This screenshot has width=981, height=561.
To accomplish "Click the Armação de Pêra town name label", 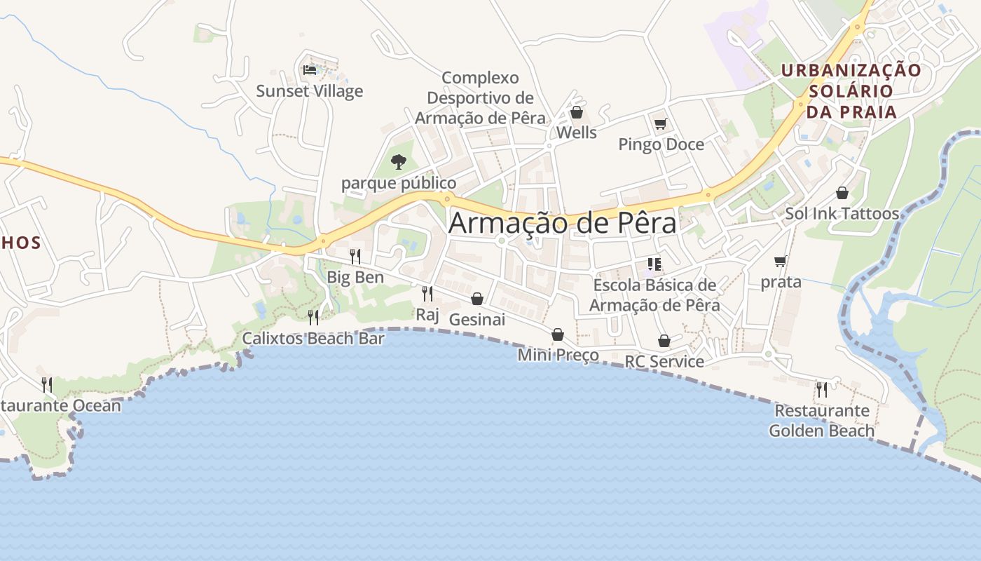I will [x=563, y=223].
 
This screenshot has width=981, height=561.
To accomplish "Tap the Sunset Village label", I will [x=309, y=91].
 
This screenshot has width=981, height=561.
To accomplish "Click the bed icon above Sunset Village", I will [x=309, y=69].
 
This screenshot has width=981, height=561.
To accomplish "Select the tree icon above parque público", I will [x=399, y=162].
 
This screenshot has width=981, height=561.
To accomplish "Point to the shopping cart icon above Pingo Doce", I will [x=660, y=124].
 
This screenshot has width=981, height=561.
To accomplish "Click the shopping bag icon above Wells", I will [x=577, y=112].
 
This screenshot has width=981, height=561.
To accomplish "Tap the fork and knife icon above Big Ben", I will [x=355, y=256].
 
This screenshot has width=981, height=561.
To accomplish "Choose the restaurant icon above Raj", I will [x=427, y=293].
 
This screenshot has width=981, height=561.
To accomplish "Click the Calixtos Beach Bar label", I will [x=313, y=339].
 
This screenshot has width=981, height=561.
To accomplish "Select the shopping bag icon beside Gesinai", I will [x=477, y=299].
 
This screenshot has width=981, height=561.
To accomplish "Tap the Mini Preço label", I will [x=558, y=355].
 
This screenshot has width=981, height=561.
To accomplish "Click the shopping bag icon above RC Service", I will [x=664, y=341].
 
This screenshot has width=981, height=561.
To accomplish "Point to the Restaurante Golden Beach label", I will [x=821, y=421].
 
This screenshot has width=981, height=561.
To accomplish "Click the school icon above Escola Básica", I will [x=654, y=264].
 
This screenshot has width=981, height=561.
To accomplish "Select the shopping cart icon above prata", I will [x=781, y=262].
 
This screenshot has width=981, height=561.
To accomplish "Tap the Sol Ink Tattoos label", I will [x=842, y=214].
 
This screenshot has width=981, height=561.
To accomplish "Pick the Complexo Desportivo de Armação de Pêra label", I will [x=480, y=98].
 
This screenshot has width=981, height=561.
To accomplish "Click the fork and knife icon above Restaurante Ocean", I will [x=46, y=384].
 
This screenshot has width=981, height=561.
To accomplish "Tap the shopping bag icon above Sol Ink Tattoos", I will [x=842, y=193].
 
